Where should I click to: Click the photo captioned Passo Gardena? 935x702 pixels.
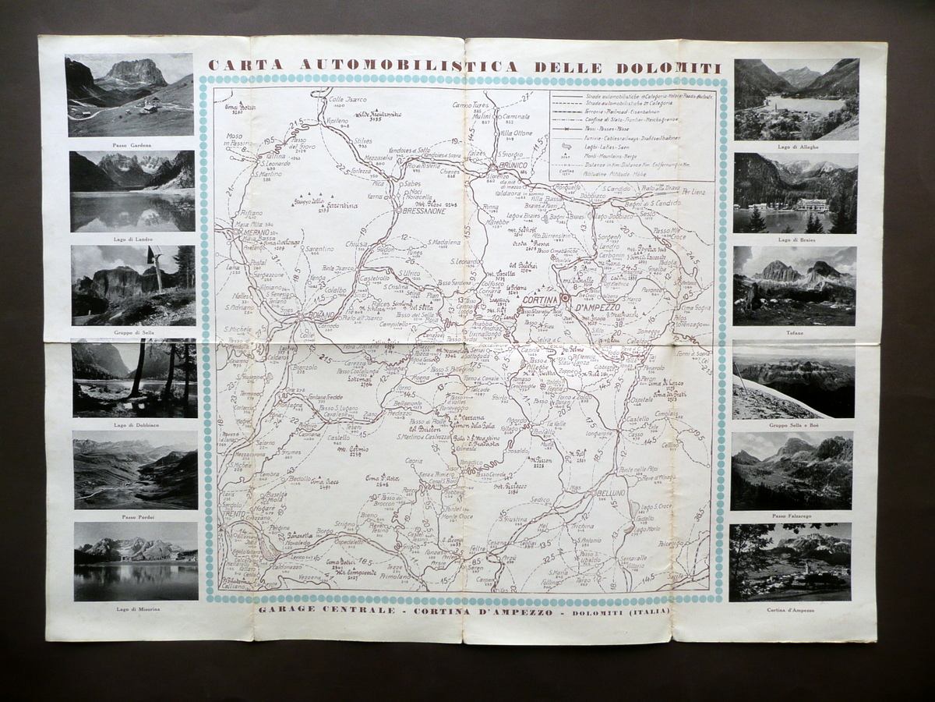[x=130, y=95]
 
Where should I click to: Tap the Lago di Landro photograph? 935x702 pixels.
[x=132, y=191]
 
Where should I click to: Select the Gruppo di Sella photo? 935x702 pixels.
[x=133, y=285]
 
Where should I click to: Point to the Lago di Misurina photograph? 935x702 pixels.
[x=136, y=562]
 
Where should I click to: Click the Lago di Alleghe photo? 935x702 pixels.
[x=796, y=99]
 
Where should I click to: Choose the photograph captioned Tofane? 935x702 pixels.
[x=794, y=285]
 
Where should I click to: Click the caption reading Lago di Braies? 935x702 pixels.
[x=795, y=239]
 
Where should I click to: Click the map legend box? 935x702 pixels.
[x=632, y=135]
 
